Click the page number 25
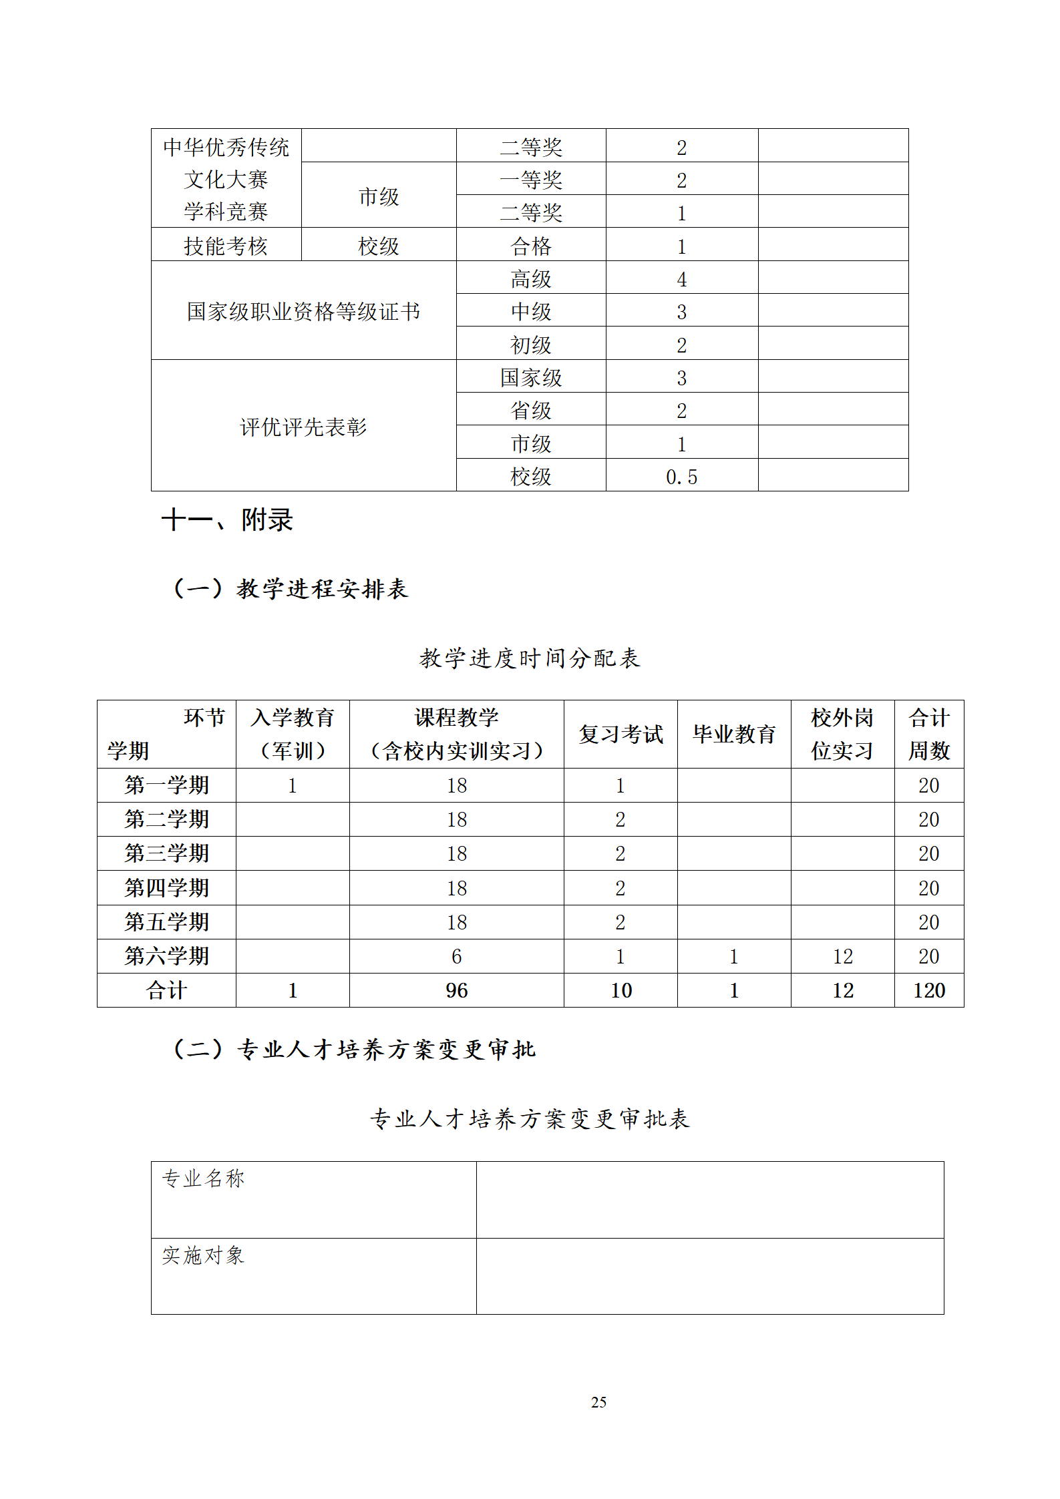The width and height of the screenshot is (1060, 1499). tap(598, 1402)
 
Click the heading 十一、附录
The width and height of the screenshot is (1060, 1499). tap(227, 519)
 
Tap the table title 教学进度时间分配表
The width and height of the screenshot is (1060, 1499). tap(530, 658)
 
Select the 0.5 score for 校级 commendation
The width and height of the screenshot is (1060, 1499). tap(681, 477)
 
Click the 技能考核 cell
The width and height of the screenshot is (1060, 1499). tap(226, 246)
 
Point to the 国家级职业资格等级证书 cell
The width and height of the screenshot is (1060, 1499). tap(303, 311)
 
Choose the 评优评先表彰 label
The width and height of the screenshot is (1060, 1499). tap(303, 427)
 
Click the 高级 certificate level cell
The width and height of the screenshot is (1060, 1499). tap(531, 279)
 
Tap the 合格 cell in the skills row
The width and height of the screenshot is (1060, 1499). tap(531, 246)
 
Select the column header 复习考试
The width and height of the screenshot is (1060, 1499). tap(621, 734)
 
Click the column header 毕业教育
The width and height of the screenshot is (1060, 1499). tap(733, 734)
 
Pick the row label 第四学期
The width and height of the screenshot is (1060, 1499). tap(167, 888)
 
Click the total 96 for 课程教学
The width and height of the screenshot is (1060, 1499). tap(457, 990)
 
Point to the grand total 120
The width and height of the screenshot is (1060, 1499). tap(928, 990)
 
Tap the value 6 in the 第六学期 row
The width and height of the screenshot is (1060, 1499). tap(457, 956)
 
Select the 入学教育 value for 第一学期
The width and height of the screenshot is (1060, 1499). tap(293, 786)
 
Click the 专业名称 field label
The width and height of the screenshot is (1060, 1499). tap(203, 1179)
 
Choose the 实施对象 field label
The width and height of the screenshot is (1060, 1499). tap(203, 1255)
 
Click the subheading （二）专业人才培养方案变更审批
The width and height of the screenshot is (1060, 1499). tap(354, 1050)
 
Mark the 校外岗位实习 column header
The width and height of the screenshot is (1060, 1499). tap(842, 734)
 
